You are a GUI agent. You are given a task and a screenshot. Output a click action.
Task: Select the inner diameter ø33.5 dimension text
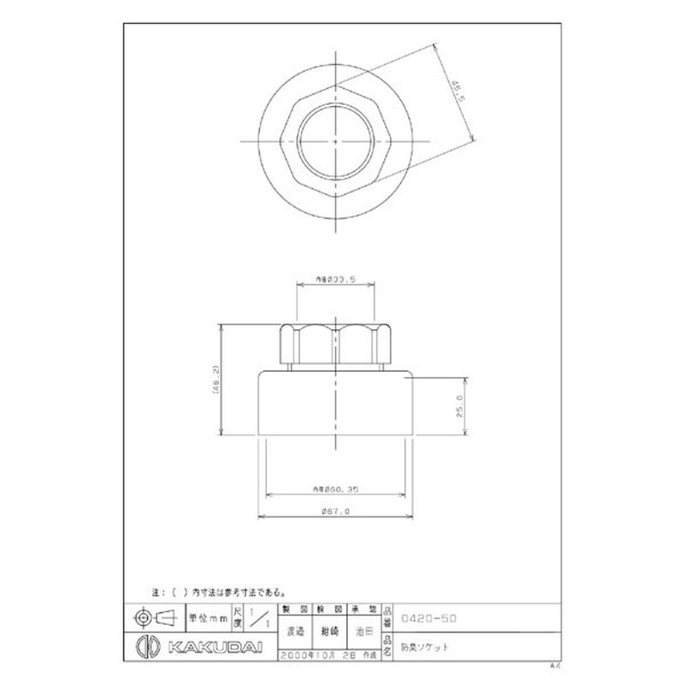point(334,278)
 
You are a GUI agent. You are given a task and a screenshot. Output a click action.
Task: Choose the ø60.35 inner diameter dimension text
point(334,488)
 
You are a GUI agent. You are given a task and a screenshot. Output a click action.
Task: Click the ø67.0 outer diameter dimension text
point(334,510)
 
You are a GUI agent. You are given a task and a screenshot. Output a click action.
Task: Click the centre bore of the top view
point(336,139)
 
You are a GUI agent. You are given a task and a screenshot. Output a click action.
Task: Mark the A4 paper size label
point(553,664)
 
